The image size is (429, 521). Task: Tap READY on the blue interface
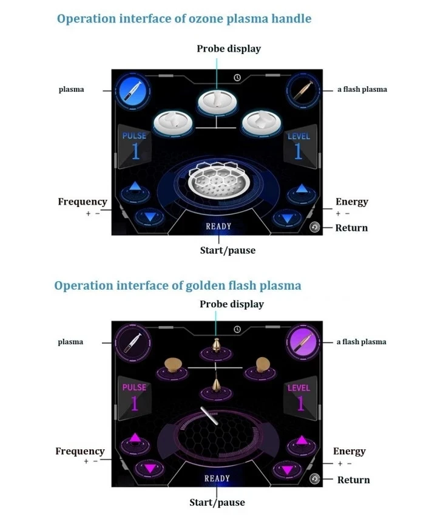[x=218, y=226]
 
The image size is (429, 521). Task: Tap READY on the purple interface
[x=217, y=478]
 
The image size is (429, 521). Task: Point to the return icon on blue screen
[x=314, y=227]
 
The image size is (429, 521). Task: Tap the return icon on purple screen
[x=314, y=478]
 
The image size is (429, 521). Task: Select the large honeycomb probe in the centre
[x=217, y=179]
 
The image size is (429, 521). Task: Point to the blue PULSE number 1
[x=135, y=151]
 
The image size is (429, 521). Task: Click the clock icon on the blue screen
[x=237, y=78]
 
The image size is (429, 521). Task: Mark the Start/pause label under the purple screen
[x=217, y=502]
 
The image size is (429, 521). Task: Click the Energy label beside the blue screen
[x=351, y=202]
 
